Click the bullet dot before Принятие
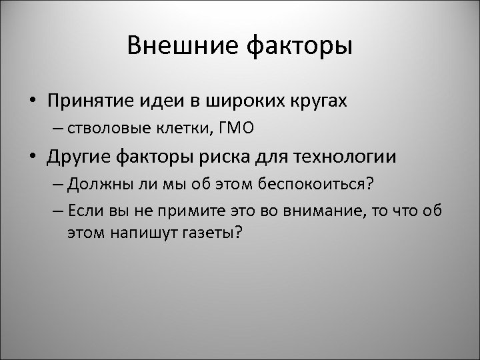32,101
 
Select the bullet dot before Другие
32,158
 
